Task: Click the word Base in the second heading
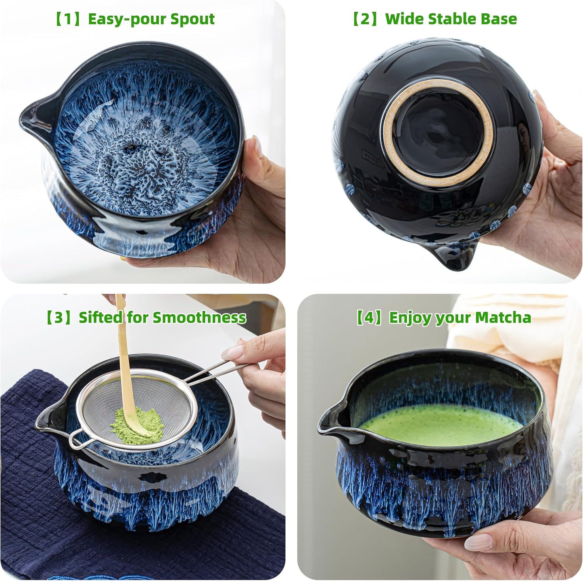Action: tap(501, 19)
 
